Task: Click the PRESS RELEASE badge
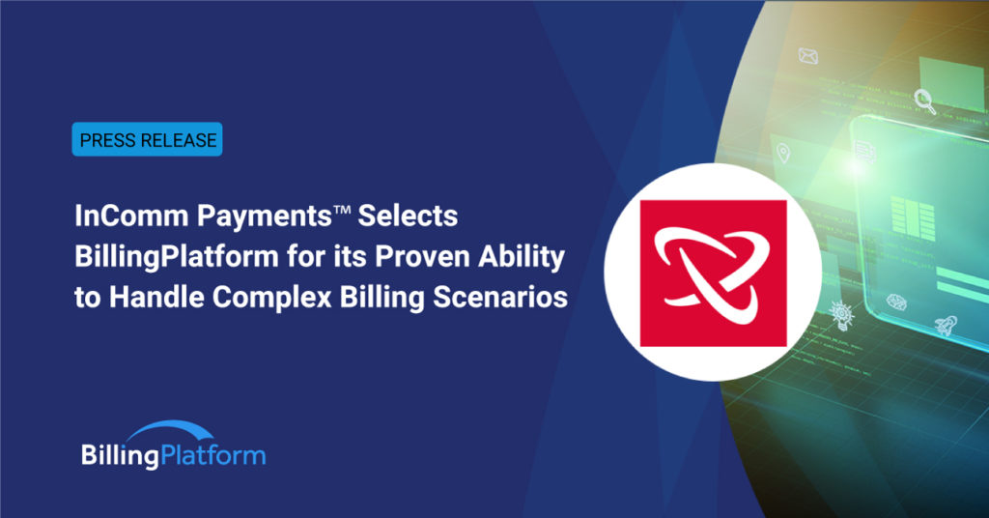coord(148,139)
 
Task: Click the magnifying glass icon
coord(924,98)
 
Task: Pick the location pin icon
coord(781,152)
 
